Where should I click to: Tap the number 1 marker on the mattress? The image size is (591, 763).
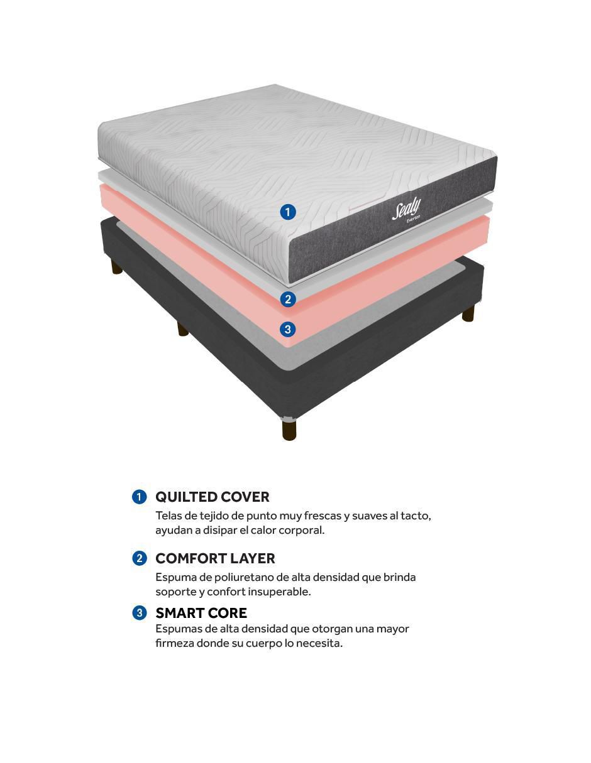(x=288, y=212)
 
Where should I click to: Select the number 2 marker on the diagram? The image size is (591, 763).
(x=288, y=299)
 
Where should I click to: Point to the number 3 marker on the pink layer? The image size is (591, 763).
(x=288, y=329)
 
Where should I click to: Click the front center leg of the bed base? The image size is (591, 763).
(x=289, y=430)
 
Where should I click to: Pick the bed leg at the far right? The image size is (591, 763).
(x=468, y=313)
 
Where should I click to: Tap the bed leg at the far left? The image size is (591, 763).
(x=117, y=268)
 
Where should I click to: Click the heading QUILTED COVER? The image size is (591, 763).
(x=213, y=497)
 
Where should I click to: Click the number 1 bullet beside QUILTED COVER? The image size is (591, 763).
(x=139, y=497)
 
